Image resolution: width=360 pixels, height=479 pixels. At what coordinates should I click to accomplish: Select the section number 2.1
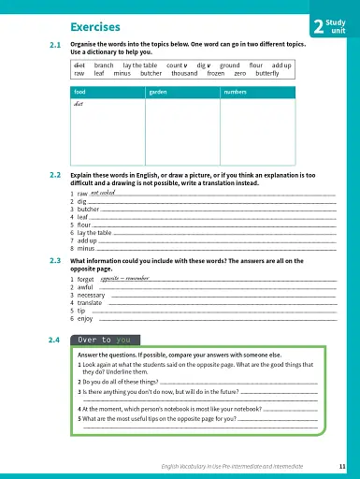pyautogui.click(x=54, y=45)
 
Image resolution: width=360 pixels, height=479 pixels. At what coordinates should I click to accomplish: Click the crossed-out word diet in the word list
pyautogui.click(x=79, y=65)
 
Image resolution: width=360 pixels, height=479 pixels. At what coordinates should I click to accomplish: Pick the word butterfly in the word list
pyautogui.click(x=266, y=74)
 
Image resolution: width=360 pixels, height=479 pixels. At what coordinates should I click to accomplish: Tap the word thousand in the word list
pyautogui.click(x=183, y=74)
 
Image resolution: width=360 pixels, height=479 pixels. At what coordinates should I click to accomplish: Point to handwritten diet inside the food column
pyautogui.click(x=79, y=104)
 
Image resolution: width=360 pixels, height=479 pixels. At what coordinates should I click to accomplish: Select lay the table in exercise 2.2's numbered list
pyautogui.click(x=94, y=233)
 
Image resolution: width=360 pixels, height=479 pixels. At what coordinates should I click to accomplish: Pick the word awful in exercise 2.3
pyautogui.click(x=85, y=286)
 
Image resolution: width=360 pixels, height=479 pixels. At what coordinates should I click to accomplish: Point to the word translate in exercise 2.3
pyautogui.click(x=90, y=302)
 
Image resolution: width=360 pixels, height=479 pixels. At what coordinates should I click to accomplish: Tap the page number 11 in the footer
pyautogui.click(x=343, y=465)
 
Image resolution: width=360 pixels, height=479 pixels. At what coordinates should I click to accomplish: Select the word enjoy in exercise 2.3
pyautogui.click(x=85, y=318)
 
